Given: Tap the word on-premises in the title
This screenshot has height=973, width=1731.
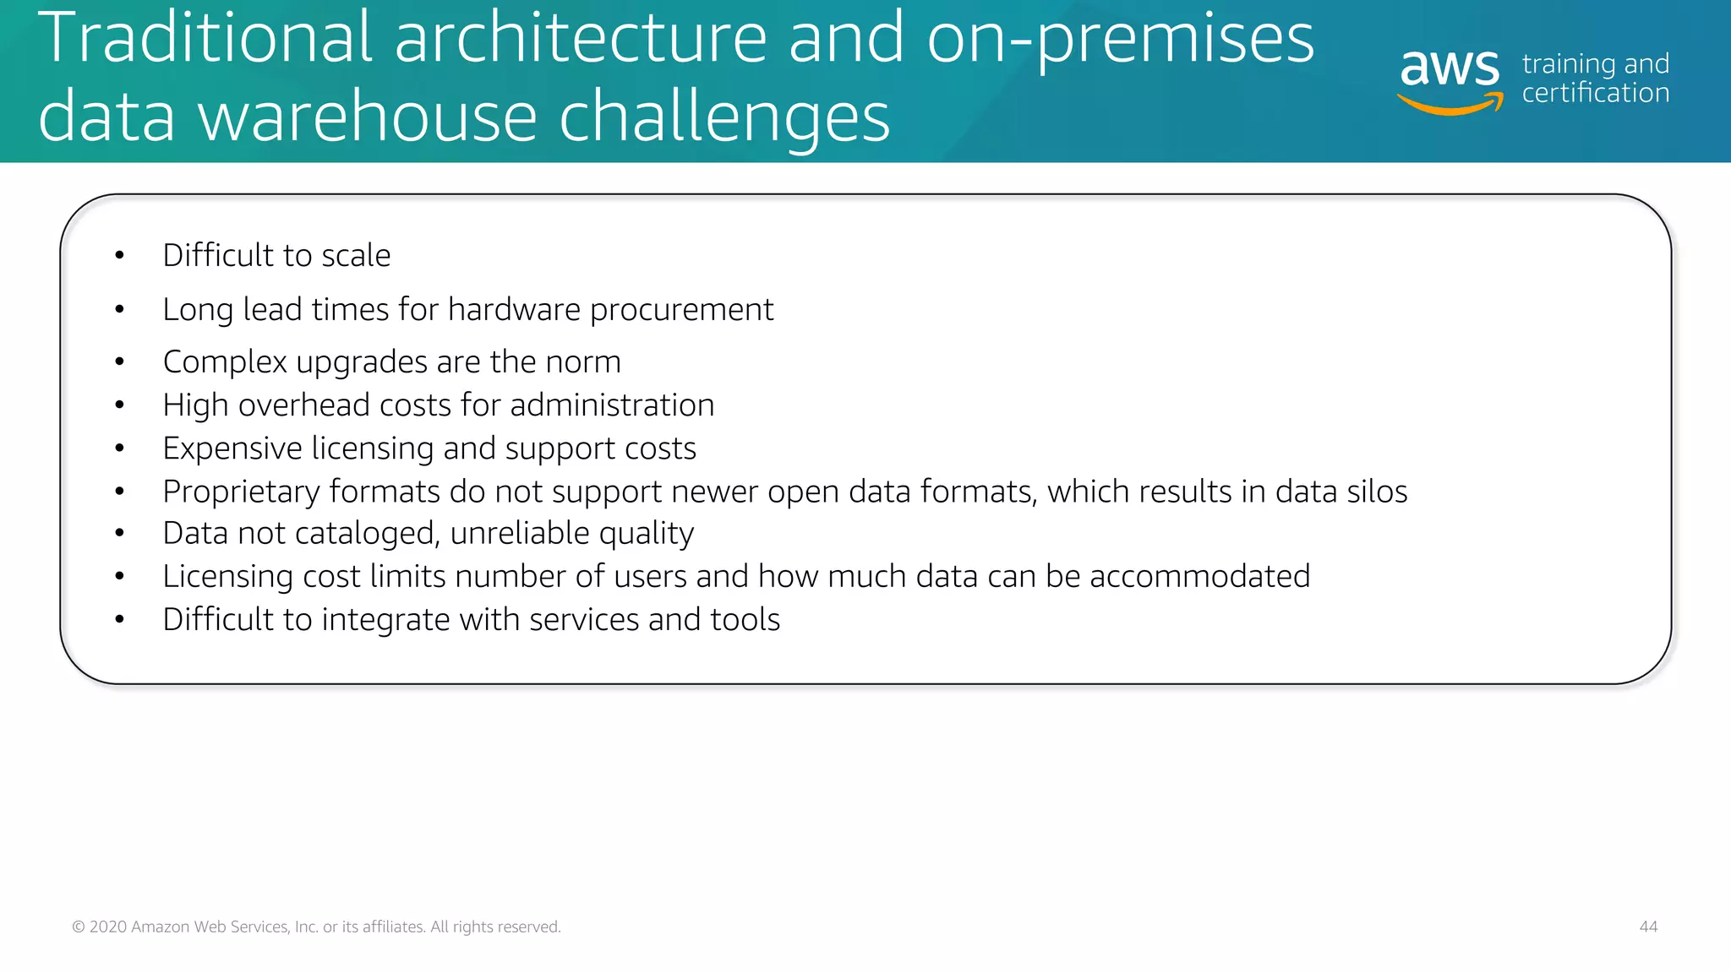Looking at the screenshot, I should [x=1120, y=40].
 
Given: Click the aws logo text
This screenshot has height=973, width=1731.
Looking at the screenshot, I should [x=1450, y=68].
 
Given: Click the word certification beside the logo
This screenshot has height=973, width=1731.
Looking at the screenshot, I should [x=1595, y=93].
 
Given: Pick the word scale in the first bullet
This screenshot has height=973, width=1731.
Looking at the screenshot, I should [x=356, y=255].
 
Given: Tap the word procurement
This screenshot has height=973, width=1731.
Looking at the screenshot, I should [x=681, y=310].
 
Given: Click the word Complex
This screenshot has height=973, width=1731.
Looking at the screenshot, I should [x=225, y=362].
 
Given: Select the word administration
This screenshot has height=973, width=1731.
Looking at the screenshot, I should [x=612, y=405].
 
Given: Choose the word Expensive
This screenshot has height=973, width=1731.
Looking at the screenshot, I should [x=232, y=448].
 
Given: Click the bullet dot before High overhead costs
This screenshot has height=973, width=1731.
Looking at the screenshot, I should [x=120, y=405].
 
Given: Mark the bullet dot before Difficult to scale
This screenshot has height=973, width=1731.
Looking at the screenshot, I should [x=120, y=256].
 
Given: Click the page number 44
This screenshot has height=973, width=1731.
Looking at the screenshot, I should [x=1648, y=927].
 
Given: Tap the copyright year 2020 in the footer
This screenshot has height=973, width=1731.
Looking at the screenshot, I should [x=108, y=927].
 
